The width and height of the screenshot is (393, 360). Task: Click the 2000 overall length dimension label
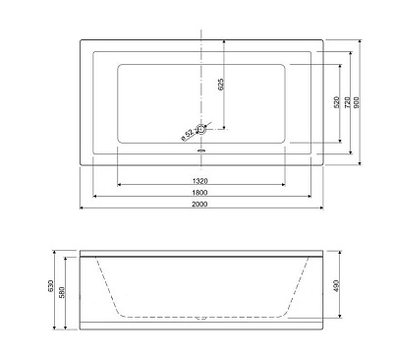pyautogui.click(x=199, y=204)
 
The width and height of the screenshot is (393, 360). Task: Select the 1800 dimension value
pyautogui.click(x=199, y=193)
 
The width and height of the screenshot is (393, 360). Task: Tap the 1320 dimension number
pyautogui.click(x=199, y=181)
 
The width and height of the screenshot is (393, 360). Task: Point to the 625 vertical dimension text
pyautogui.click(x=221, y=85)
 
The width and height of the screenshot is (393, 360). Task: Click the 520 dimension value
pyautogui.click(x=337, y=102)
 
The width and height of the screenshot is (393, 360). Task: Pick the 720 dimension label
pyautogui.click(x=348, y=102)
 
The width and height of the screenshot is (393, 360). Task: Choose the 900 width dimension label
pyautogui.click(x=357, y=102)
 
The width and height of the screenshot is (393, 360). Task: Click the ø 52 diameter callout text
pyautogui.click(x=188, y=135)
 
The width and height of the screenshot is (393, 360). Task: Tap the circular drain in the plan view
pyautogui.click(x=201, y=129)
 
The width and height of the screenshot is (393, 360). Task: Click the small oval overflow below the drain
pyautogui.click(x=201, y=151)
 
